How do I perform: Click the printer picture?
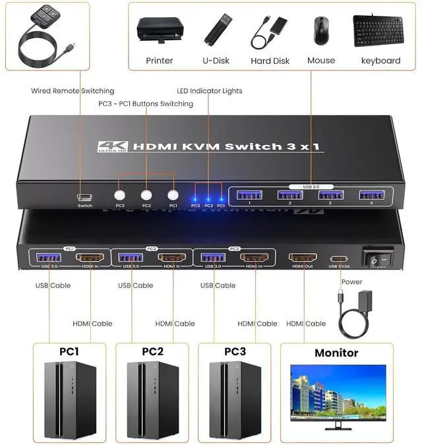point(159,30)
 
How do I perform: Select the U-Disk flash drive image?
point(216,29)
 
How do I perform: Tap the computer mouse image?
point(321,29)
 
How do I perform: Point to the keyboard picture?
point(380,29)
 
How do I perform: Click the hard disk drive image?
point(270,31)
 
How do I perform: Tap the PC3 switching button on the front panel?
point(119,195)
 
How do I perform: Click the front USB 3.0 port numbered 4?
point(371,195)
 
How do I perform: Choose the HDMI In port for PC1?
point(89,258)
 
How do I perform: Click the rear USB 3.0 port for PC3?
point(212,258)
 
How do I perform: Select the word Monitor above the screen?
point(336,353)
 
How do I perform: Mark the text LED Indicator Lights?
point(210,91)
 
